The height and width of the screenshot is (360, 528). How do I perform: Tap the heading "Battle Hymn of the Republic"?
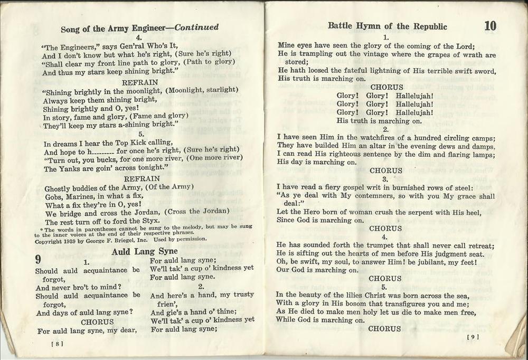(x=387, y=26)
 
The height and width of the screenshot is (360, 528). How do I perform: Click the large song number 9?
(x=39, y=259)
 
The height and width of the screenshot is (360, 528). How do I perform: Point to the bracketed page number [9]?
(x=473, y=336)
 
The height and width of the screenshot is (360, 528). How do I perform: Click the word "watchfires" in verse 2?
(x=370, y=137)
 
